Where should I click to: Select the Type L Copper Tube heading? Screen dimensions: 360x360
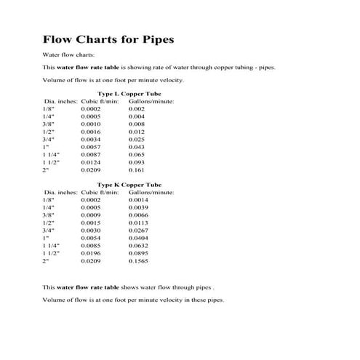pos(129,93)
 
